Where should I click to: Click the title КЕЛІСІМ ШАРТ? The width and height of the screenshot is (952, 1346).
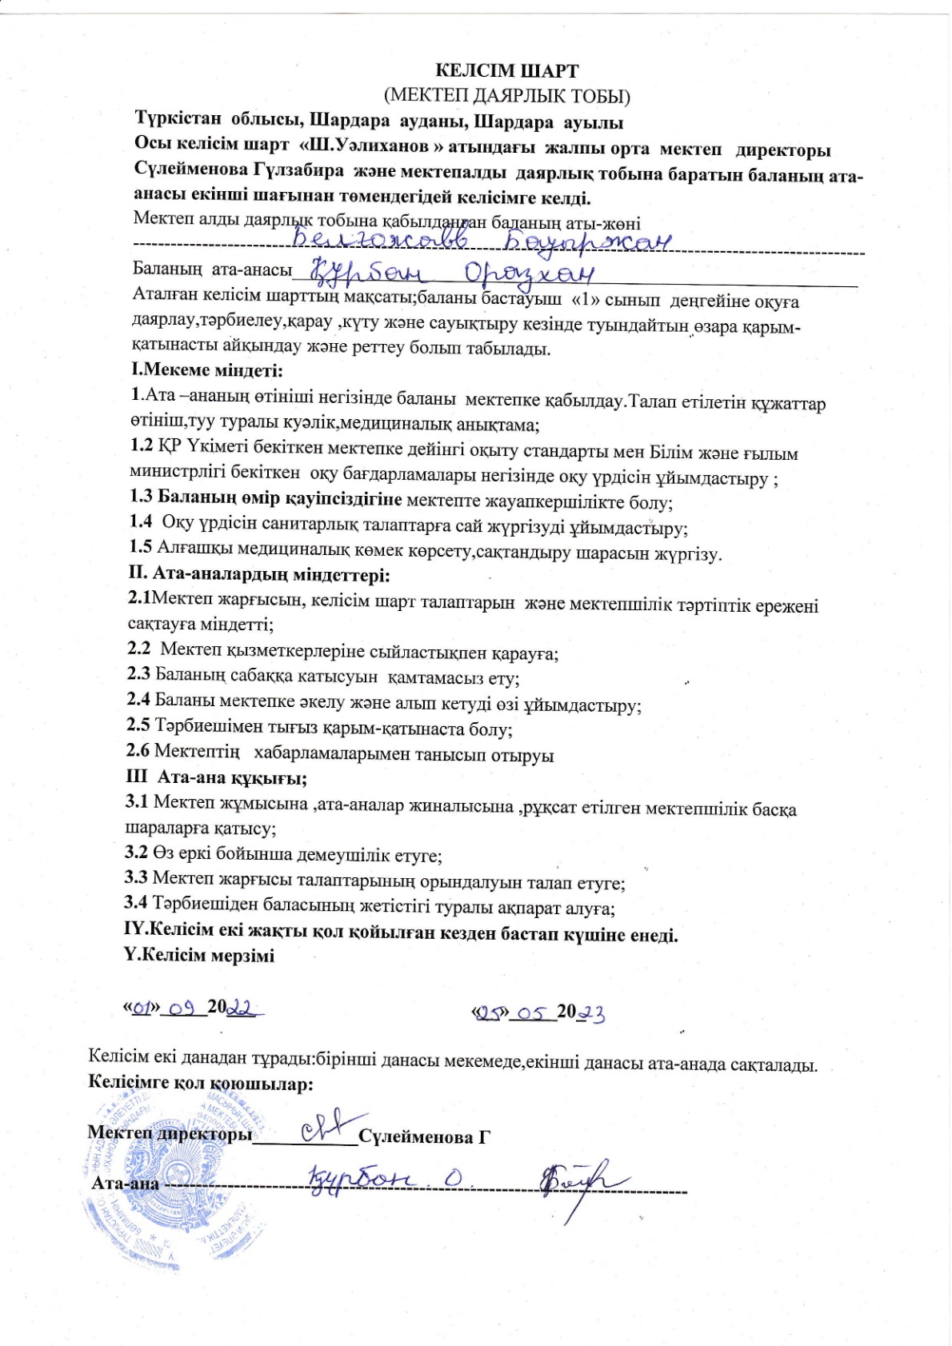point(507,70)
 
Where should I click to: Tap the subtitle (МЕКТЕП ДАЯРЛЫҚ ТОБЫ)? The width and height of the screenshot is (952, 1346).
point(507,97)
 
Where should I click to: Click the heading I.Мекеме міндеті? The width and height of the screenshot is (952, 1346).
point(207,370)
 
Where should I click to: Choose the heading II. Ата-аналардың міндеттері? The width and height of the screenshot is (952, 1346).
point(259,574)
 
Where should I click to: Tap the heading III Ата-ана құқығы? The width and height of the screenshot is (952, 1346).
point(217,777)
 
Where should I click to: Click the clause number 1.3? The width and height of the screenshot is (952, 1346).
point(141,497)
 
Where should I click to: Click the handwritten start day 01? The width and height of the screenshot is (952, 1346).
point(143,1009)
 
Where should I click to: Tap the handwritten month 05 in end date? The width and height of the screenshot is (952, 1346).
point(530,1013)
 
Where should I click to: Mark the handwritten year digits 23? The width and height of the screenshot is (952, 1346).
point(591,1014)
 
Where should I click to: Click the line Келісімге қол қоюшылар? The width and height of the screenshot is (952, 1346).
point(200,1084)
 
